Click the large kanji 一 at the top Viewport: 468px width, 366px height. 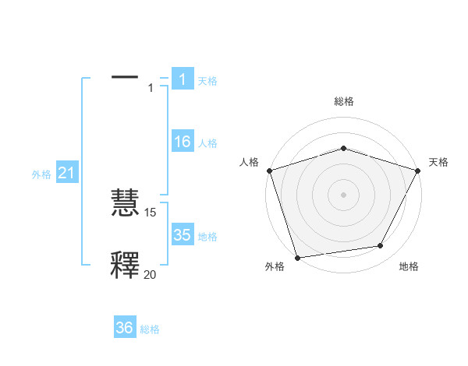click(125, 78)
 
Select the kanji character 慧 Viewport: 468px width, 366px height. click(125, 204)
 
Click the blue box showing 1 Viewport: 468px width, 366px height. click(182, 79)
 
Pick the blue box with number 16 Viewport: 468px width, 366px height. click(182, 142)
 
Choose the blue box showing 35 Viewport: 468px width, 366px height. click(182, 235)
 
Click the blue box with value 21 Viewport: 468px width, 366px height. click(66, 174)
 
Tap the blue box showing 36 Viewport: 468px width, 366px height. click(125, 328)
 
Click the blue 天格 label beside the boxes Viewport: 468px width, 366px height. click(207, 80)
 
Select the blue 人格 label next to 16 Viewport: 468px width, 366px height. click(207, 143)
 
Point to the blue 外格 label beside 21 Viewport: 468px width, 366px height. click(41, 174)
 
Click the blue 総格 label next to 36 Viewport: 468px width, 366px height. click(150, 329)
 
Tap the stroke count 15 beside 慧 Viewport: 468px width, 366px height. click(151, 212)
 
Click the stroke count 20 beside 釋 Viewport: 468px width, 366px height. click(150, 273)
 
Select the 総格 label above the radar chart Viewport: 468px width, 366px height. click(343, 101)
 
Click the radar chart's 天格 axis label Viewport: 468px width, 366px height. click(438, 162)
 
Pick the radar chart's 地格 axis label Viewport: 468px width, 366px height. click(409, 266)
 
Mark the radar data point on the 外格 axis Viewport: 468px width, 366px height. click(297, 257)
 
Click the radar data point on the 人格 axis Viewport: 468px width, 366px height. click(269, 170)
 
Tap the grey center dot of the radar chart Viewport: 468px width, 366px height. click(343, 194)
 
